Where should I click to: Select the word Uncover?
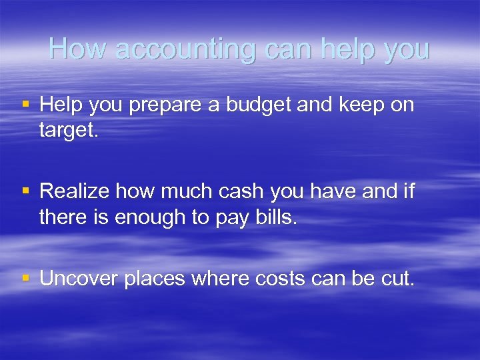[x=79, y=279]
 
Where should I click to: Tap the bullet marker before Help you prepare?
[x=26, y=105]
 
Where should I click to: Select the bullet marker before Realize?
[x=26, y=192]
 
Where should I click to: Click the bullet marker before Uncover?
[x=26, y=279]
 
